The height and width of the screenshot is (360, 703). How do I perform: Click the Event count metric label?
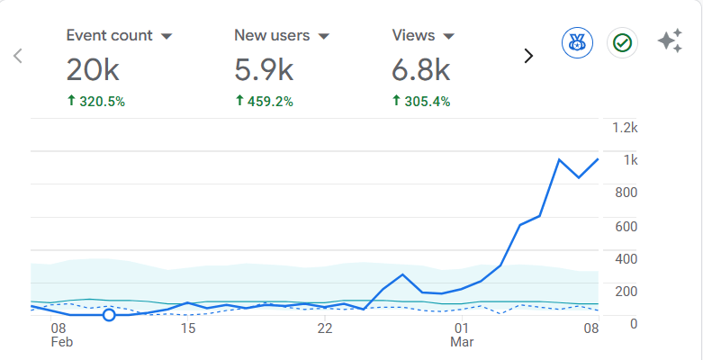[x=109, y=36]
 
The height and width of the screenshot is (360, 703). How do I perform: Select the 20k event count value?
[x=92, y=70]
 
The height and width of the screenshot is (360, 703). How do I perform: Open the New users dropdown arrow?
[x=324, y=37]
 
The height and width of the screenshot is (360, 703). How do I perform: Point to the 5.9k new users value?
[x=264, y=70]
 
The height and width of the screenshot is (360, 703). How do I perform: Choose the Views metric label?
[x=413, y=36]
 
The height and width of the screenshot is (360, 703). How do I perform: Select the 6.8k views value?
[x=421, y=70]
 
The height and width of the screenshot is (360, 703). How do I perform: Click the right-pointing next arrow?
[x=528, y=56]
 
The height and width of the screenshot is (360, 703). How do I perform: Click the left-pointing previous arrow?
[x=17, y=56]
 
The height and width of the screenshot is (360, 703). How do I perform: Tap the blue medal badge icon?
[x=577, y=42]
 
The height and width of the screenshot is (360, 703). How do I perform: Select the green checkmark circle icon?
[x=622, y=42]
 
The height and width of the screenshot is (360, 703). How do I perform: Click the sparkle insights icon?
[x=669, y=41]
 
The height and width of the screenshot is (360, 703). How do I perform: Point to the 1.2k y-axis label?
[x=625, y=128]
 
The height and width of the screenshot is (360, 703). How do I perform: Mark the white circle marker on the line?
[x=109, y=315]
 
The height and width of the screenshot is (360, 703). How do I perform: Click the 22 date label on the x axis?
[x=325, y=328]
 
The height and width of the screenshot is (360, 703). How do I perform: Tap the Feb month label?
[x=60, y=344]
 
